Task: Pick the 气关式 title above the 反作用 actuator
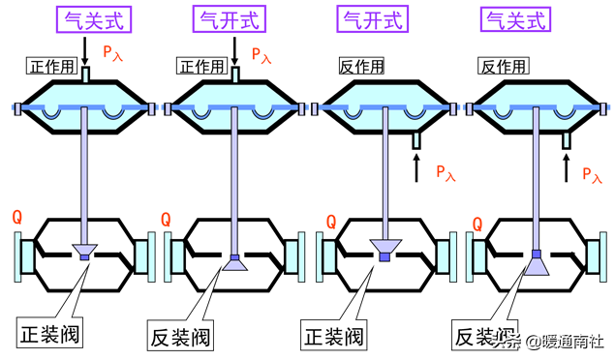(516, 19)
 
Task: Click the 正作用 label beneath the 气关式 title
(49, 66)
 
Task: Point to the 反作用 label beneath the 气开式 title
(360, 66)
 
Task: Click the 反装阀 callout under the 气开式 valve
(181, 338)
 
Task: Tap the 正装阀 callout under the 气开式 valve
(333, 338)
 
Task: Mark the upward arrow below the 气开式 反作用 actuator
(416, 170)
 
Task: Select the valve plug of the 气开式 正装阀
(384, 249)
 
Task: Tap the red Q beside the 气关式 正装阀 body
(16, 218)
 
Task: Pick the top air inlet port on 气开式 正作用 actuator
(234, 73)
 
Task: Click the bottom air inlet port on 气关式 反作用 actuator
(567, 140)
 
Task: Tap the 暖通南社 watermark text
(571, 341)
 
